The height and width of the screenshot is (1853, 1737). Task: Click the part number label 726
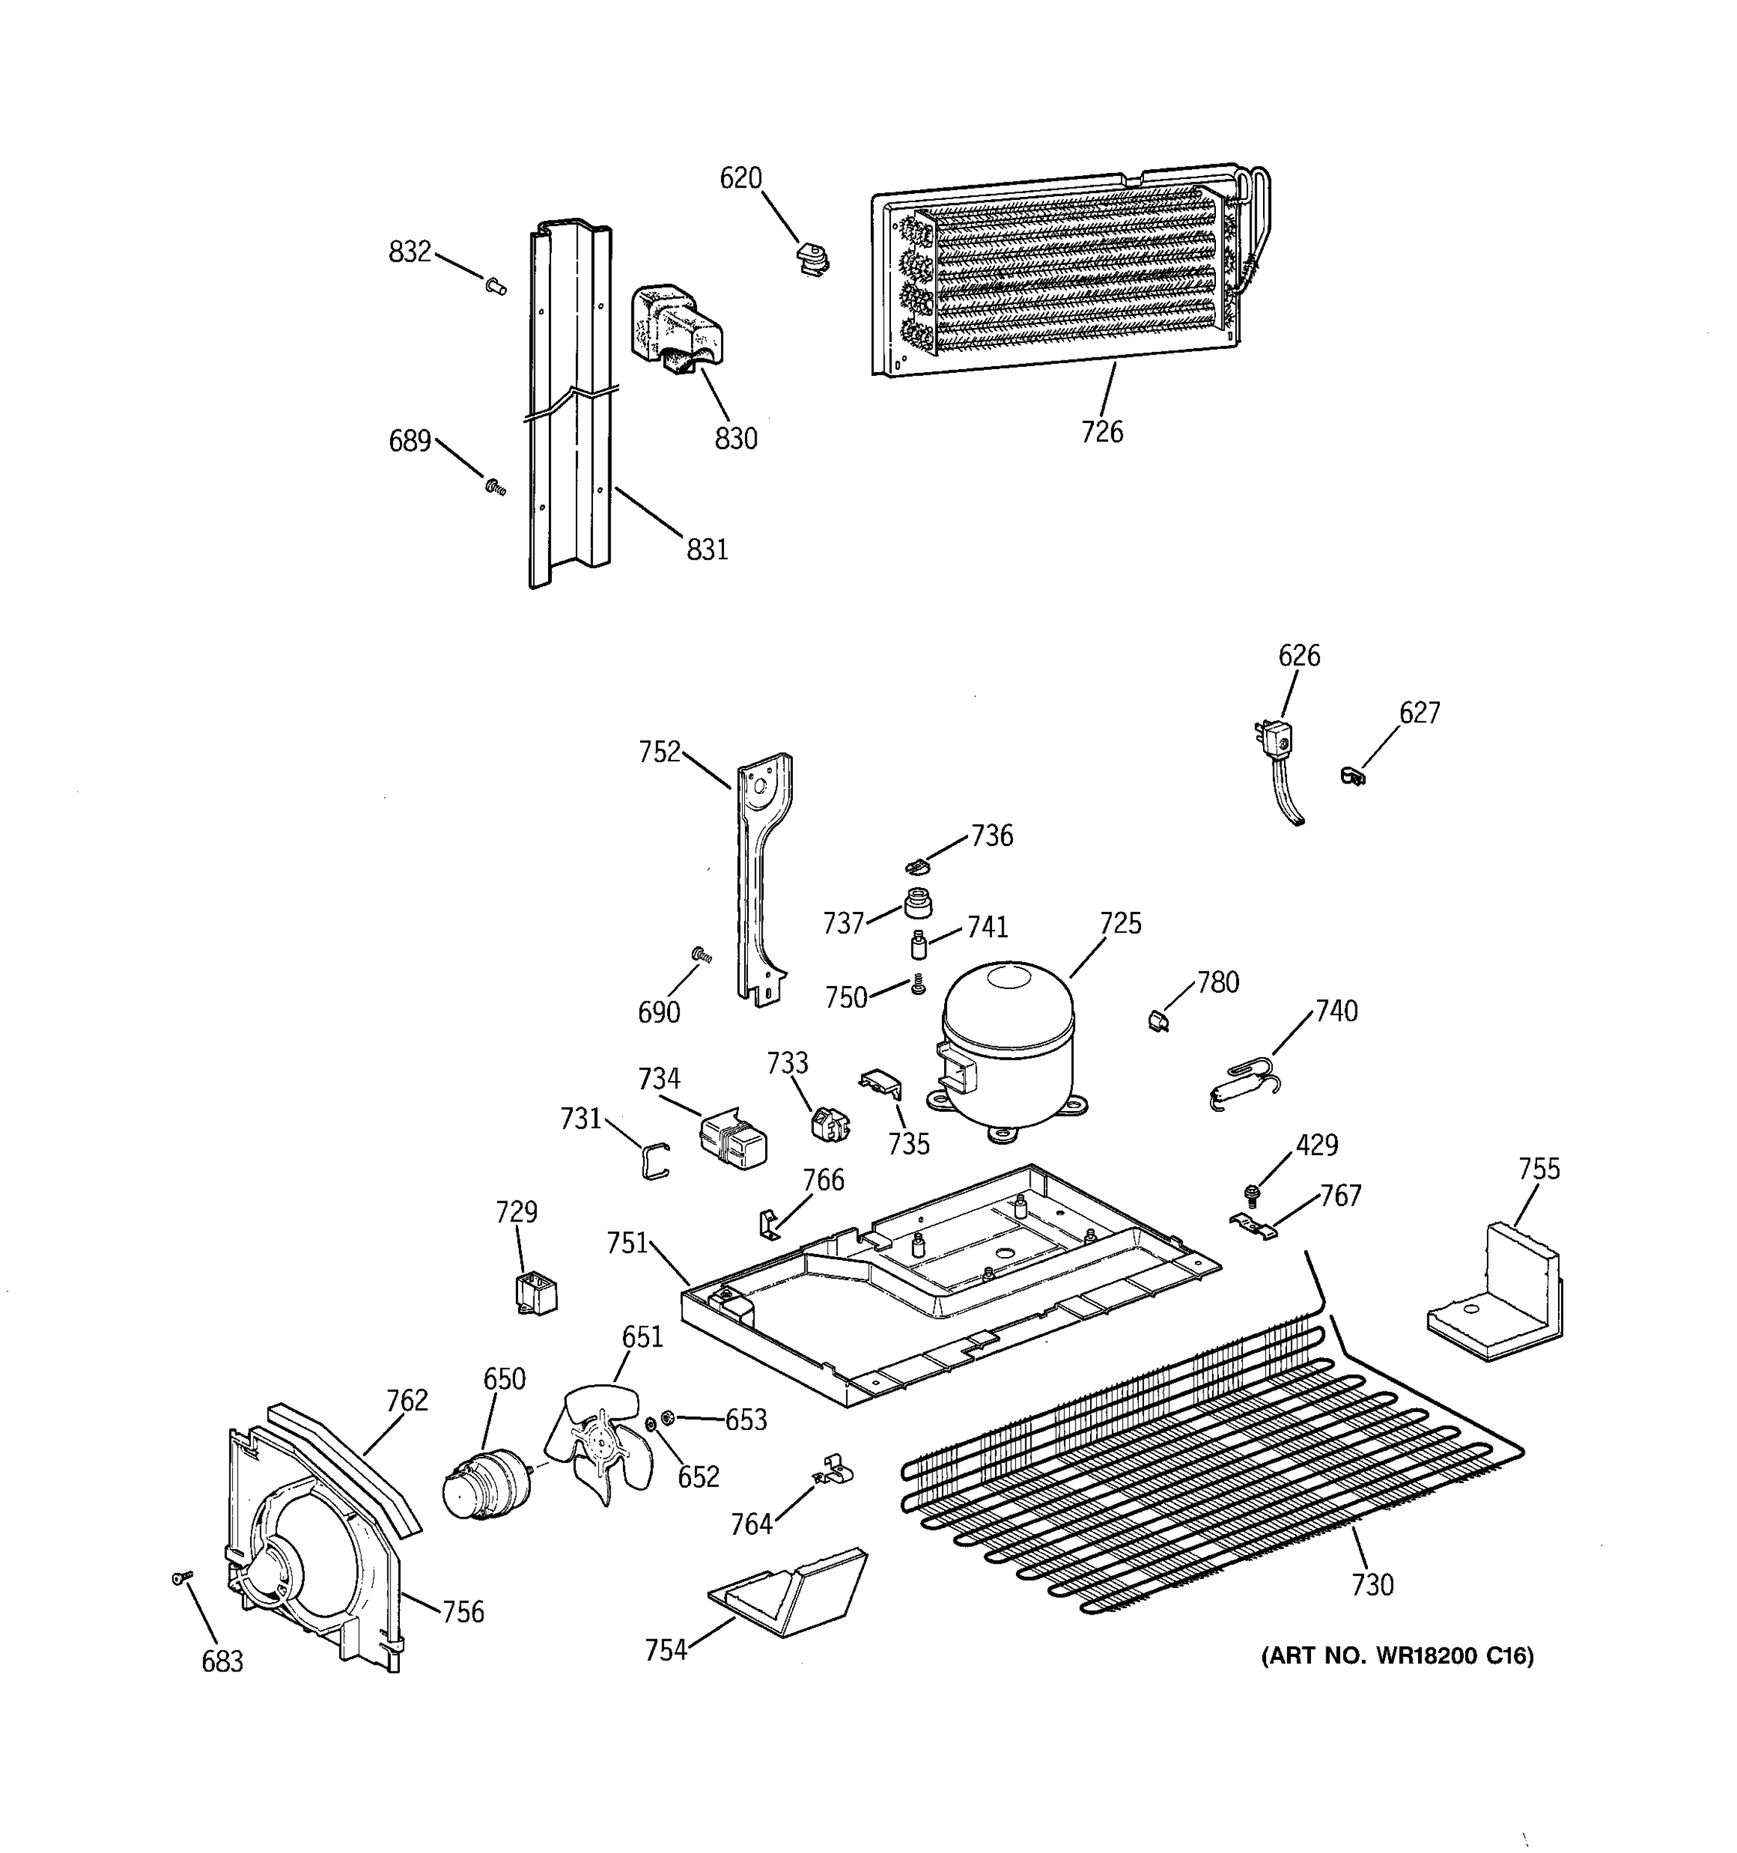[1102, 432]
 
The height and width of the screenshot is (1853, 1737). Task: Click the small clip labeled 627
[1353, 774]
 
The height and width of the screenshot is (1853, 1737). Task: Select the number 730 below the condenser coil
[1372, 1584]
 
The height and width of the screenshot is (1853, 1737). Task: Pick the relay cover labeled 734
[733, 1140]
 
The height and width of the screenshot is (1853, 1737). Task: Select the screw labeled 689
[496, 486]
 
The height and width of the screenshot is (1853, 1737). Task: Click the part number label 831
[706, 550]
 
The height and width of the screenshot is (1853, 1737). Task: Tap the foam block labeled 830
[678, 332]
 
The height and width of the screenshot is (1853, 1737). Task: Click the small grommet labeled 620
[814, 260]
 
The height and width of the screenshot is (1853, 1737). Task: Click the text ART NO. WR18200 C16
[1397, 1655]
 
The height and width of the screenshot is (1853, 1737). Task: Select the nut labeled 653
[667, 1418]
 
